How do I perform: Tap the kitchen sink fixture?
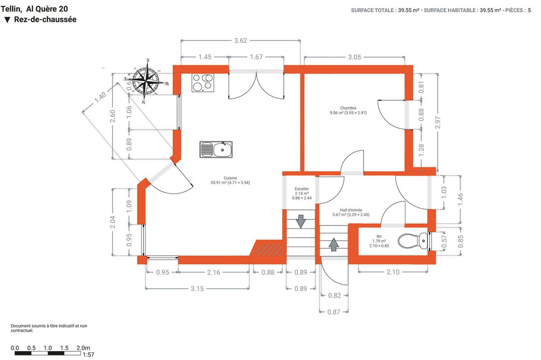pyautogui.click(x=216, y=150)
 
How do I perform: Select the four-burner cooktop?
pyautogui.click(x=203, y=83)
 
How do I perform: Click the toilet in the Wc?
pyautogui.click(x=413, y=241)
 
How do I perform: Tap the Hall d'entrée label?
pyautogui.click(x=351, y=210)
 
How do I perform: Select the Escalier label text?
pyautogui.click(x=302, y=189)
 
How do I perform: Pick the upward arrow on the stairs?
pyautogui.click(x=334, y=244)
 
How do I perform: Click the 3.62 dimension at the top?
pyautogui.click(x=240, y=40)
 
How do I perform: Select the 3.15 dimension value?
pyautogui.click(x=197, y=289)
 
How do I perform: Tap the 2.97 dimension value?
pyautogui.click(x=437, y=122)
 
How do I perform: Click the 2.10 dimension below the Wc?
pyautogui.click(x=393, y=272)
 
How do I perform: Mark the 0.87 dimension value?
pyautogui.click(x=334, y=312)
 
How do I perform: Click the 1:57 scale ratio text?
pyautogui.click(x=88, y=355)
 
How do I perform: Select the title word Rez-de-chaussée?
pyautogui.click(x=45, y=19)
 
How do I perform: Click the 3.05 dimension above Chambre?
pyautogui.click(x=354, y=57)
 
